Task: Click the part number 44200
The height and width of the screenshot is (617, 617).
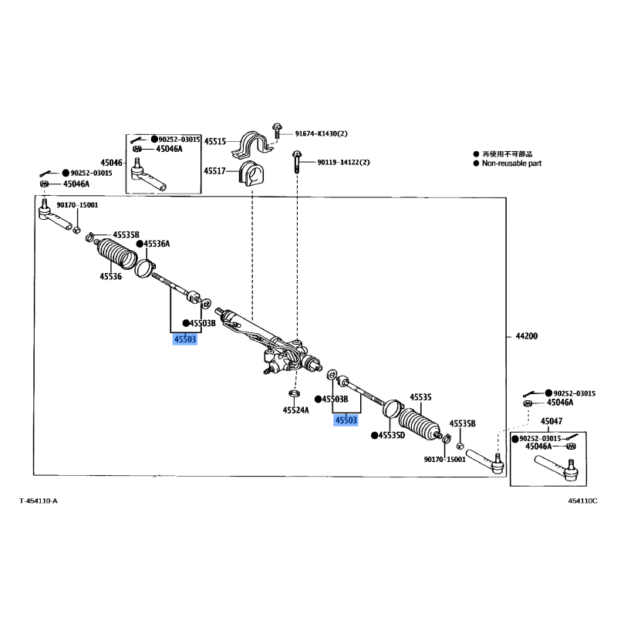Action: point(526,336)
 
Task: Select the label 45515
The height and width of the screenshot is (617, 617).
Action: point(215,141)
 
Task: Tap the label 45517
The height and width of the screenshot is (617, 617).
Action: point(214,170)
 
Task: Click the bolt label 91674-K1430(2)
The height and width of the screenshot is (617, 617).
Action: point(321,133)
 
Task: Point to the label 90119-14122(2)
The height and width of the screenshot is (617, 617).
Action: point(343,162)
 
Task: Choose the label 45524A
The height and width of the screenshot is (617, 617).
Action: point(295,410)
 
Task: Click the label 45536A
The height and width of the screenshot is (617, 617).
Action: point(157,244)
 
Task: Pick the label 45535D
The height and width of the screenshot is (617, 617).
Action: point(392,435)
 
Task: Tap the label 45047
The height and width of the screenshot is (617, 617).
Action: point(551,421)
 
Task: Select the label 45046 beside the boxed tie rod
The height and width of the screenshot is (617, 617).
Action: point(111,163)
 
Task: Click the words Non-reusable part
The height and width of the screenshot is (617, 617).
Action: point(511,164)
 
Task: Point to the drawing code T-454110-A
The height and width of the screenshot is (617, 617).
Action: point(39,501)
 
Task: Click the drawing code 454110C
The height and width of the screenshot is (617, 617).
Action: point(582,501)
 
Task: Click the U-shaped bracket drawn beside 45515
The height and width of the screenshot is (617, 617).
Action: point(251,145)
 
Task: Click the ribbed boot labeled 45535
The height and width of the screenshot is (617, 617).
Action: point(418,423)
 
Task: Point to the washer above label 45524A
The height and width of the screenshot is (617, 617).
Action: point(294,393)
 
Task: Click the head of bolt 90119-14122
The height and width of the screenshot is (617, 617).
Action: point(297,154)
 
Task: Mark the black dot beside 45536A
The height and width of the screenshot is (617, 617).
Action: point(140,244)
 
